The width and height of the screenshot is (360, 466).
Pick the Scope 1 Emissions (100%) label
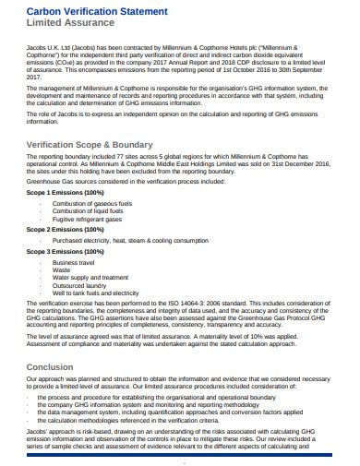[x=59, y=192]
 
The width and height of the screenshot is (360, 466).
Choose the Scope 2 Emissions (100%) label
[x=59, y=228]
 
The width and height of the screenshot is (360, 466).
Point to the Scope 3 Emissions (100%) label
[x=59, y=251]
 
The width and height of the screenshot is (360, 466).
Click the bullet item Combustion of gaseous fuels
[x=92, y=202]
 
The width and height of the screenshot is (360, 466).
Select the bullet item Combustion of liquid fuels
[x=88, y=210]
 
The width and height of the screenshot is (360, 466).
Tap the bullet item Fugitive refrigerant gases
[x=89, y=219]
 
